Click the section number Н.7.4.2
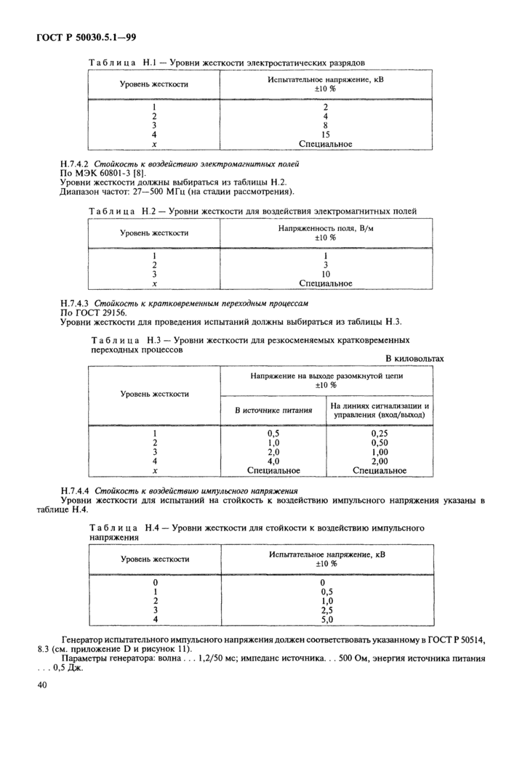(x=73, y=166)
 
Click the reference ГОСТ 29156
(x=100, y=312)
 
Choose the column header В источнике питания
(x=273, y=411)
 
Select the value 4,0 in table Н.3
(x=273, y=461)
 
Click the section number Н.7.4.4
(x=73, y=491)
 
